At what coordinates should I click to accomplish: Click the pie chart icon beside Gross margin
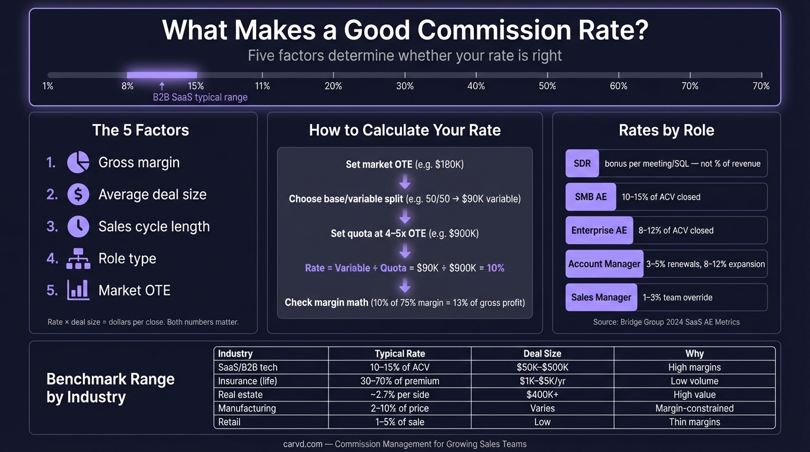coord(78,162)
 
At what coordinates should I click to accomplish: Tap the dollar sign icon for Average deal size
coord(78,194)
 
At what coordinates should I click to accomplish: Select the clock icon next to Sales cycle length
coord(78,227)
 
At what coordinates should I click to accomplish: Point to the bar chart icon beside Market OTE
coord(78,290)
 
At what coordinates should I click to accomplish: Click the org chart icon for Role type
coord(78,258)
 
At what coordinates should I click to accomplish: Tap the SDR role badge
coord(582,164)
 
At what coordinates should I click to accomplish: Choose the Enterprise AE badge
coord(599,230)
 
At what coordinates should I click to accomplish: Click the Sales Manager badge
coord(601,297)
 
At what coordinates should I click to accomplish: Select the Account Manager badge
coord(604,264)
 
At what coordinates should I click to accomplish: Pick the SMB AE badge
coord(590,197)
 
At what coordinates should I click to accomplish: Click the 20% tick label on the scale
coord(333,86)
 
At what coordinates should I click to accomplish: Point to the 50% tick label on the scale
coord(547,86)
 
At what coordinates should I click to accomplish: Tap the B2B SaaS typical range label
coord(200,97)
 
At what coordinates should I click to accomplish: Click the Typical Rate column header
coord(400,354)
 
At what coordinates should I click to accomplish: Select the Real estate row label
coord(240,394)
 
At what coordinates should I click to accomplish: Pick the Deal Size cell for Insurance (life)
coord(542,381)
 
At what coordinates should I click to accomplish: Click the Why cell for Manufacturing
coord(695,408)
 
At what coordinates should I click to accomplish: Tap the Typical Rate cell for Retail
coord(400,421)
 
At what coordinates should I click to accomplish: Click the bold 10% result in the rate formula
coord(496,268)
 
